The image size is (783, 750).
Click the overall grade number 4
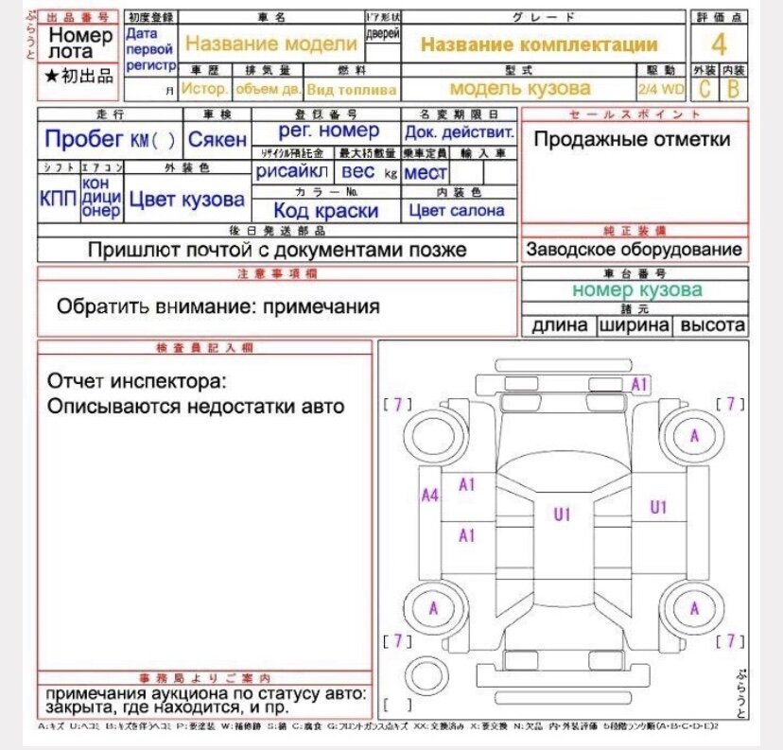720,44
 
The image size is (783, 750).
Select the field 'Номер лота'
81,44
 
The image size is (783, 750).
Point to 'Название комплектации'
539,44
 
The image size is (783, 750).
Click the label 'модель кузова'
520,89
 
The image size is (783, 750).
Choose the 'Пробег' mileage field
110,140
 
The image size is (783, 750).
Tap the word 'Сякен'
217,140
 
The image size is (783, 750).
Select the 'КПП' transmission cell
58,199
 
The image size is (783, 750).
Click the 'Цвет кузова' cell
186,200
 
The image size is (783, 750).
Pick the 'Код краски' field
326,211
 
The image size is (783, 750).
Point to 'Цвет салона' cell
457,211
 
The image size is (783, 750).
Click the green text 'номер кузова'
636,290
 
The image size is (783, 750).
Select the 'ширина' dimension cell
633,325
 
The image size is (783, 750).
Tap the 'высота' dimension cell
712,325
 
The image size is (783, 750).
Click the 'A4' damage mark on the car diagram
429,495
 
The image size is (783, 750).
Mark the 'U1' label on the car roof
564,515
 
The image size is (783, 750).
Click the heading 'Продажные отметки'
632,140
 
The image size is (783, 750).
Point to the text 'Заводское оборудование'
634,250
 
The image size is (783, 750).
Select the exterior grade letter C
704,90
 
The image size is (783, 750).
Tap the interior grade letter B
732,90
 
